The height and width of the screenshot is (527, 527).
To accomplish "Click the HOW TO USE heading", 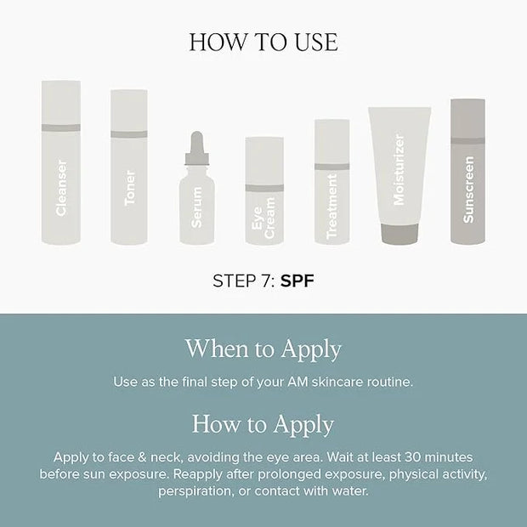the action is tap(263, 42).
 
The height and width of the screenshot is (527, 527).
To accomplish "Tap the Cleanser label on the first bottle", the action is tap(61, 188).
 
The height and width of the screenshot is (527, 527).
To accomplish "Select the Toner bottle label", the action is tap(130, 188).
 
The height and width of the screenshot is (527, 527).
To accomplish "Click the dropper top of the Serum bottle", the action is tap(196, 148).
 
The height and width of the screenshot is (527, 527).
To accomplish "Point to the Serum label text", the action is tap(196, 207).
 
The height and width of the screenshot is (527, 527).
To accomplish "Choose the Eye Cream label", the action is tap(263, 218).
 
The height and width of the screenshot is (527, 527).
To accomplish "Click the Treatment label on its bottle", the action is tap(331, 207).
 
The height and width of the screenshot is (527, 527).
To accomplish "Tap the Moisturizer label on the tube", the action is tap(399, 170).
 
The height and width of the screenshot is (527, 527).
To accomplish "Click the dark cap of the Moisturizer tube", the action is tap(399, 234).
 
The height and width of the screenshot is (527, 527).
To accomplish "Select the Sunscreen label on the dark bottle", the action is tap(468, 190).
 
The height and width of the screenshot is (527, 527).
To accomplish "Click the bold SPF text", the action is tap(297, 280).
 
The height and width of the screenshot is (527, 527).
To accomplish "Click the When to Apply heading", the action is tap(263, 349).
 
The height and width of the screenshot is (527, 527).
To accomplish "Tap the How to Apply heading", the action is tap(263, 424).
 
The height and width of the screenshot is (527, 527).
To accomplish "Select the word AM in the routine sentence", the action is tap(297, 382).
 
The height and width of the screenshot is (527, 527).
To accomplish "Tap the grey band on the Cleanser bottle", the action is tap(61, 127).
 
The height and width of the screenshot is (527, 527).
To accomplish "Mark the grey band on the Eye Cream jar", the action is tap(264, 188).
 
